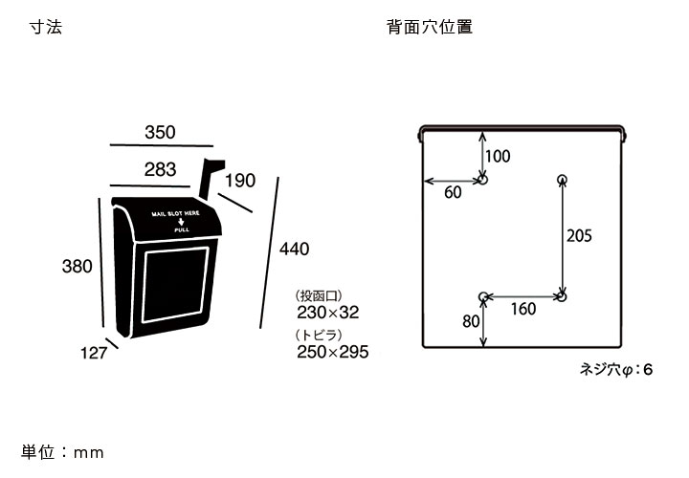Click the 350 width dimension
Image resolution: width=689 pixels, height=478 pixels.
160,133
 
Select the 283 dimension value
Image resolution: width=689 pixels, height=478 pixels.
160,170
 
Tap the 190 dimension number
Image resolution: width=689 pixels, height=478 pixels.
240,181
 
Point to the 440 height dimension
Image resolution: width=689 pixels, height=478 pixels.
295,250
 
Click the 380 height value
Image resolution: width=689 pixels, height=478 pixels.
77,267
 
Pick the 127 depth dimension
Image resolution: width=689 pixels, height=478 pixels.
93,353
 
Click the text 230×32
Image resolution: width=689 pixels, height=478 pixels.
327,312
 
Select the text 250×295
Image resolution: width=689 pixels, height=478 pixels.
333,352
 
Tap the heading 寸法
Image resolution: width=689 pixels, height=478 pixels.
46,28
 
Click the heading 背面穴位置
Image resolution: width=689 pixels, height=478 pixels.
430,28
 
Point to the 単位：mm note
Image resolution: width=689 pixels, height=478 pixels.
62,452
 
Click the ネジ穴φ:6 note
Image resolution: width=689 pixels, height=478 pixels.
616,368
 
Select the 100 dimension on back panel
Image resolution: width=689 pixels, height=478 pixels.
498,156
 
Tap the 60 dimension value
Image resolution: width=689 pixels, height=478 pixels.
453,192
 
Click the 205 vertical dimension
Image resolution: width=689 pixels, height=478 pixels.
580,236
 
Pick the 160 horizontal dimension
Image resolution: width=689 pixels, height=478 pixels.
523,309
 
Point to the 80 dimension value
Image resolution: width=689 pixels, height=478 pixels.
471,321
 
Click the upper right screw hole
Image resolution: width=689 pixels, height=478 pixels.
562,179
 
